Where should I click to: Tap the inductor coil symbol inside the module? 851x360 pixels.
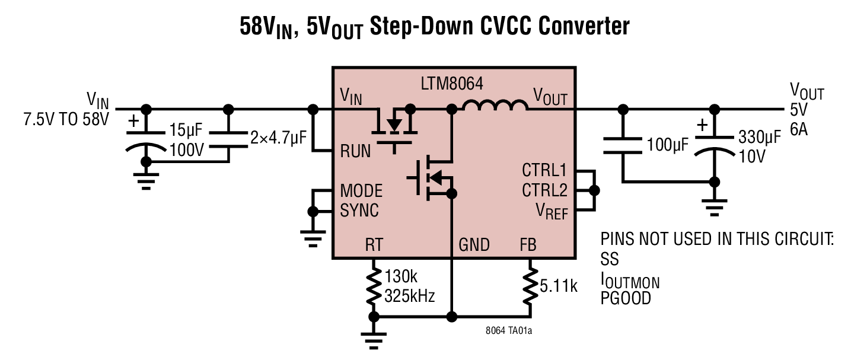click(x=495, y=107)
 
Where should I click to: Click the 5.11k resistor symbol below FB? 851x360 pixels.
click(x=528, y=287)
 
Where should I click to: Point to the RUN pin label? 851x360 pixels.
click(x=355, y=152)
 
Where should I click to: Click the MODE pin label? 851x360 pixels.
click(x=361, y=191)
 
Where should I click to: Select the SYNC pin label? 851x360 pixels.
click(x=359, y=211)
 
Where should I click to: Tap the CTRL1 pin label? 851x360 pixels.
click(x=544, y=171)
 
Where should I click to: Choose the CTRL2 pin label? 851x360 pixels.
click(x=544, y=190)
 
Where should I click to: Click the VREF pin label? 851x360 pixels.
click(x=551, y=211)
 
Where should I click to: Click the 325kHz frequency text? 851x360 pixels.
click(x=410, y=295)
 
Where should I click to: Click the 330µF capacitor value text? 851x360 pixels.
click(x=760, y=139)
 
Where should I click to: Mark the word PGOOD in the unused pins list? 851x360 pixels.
click(x=626, y=298)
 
